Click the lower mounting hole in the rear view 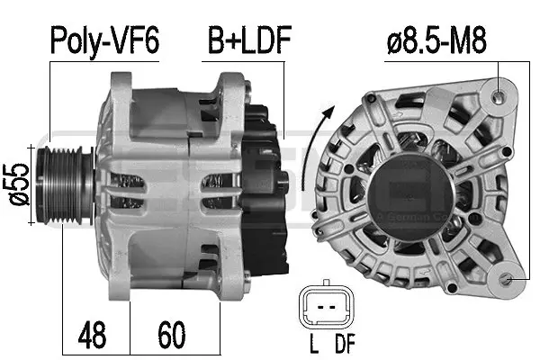point(512,280)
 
